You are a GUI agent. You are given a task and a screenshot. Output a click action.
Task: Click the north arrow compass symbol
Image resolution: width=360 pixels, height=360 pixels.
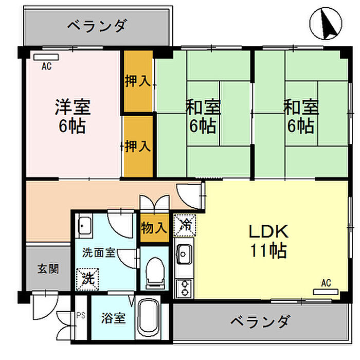point(326,24)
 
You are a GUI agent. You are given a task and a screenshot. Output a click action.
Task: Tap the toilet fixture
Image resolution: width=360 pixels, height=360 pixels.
point(155,273)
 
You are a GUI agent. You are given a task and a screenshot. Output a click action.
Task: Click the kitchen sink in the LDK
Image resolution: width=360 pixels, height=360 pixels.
point(184,254)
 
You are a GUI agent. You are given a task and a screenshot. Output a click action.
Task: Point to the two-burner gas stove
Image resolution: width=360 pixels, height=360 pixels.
point(184,289)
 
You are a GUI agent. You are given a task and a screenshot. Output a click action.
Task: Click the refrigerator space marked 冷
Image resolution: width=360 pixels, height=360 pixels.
point(184,225)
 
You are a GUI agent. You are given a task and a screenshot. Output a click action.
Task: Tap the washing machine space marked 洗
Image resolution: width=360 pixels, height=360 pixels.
point(87,279)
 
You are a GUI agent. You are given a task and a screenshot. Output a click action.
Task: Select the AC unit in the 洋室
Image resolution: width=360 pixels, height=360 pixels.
point(46,57)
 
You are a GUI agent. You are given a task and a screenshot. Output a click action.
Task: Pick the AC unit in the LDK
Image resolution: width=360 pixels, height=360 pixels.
point(326,292)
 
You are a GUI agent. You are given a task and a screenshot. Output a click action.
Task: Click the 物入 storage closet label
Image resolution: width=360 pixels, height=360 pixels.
point(154,228)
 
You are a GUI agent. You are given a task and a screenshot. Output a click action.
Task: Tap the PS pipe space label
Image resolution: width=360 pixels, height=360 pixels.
point(81,315)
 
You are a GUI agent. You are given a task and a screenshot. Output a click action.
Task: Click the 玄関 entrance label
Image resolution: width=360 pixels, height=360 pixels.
point(48,269)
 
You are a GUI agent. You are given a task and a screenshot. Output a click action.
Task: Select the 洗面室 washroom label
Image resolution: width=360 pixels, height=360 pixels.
point(99,253)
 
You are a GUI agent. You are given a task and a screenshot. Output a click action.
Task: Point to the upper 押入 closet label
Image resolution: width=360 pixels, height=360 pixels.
point(138,81)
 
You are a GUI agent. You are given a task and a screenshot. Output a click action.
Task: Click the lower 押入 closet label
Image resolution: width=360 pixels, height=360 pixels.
point(138,146)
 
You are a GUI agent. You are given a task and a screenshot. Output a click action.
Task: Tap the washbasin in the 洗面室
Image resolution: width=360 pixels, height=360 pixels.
point(84,226)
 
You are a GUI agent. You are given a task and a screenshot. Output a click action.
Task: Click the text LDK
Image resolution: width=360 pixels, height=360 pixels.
point(268,231)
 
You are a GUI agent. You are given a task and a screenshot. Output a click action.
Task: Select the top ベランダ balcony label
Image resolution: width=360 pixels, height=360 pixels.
point(97,26)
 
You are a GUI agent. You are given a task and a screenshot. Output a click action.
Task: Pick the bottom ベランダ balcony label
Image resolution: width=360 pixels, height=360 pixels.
point(260,321)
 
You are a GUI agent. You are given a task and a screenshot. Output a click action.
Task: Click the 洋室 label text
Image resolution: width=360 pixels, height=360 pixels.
point(73,107)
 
